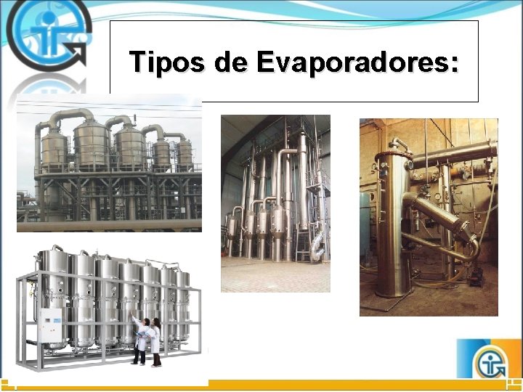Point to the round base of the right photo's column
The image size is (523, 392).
pyautogui.click(x=394, y=291)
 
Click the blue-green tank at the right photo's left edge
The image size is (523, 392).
pyautogui.click(x=365, y=225)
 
